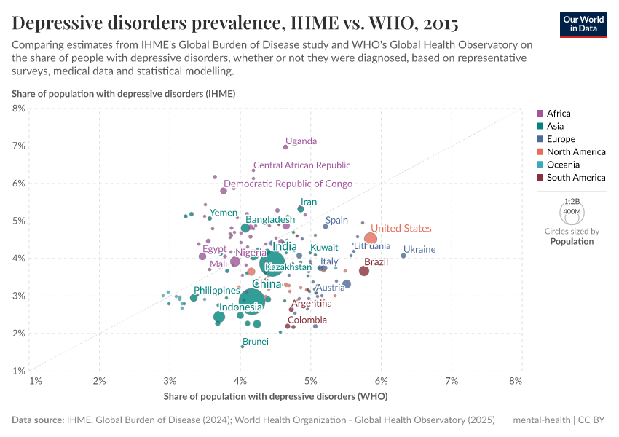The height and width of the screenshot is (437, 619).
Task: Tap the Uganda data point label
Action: coord(301,141)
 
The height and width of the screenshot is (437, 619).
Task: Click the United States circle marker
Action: coord(371,238)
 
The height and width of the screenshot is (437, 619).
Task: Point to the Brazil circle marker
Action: coord(364,271)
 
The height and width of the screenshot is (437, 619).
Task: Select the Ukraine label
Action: coord(419,249)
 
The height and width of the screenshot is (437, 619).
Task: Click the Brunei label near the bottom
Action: coord(256,342)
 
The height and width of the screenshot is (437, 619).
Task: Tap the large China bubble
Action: coord(252,299)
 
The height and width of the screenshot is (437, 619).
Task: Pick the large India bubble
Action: coord(272,263)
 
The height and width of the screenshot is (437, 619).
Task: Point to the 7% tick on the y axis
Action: coord(19,146)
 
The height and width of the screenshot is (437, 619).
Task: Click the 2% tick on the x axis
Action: coord(100,381)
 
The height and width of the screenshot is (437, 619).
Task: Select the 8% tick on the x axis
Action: coord(516,381)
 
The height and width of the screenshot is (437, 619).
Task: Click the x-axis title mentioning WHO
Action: coord(275,397)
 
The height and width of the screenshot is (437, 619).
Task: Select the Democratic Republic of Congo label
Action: coord(288,184)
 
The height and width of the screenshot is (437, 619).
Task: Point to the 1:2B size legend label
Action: coord(572,200)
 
